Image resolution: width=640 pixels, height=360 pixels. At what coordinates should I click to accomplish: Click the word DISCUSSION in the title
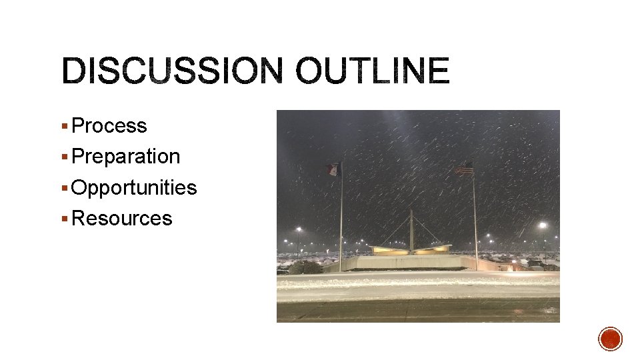(x=171, y=71)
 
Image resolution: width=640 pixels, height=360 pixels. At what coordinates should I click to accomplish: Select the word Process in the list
(x=109, y=125)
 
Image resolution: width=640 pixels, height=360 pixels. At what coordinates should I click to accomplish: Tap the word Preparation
(x=125, y=156)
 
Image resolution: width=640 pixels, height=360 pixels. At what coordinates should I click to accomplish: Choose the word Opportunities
(x=133, y=187)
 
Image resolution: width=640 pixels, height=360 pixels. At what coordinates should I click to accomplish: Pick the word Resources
(x=121, y=218)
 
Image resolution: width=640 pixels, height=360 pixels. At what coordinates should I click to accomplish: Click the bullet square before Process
(x=64, y=126)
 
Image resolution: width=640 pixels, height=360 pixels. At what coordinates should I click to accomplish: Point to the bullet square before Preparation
(x=64, y=157)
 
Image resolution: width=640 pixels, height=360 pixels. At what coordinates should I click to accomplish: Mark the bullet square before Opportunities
(x=64, y=188)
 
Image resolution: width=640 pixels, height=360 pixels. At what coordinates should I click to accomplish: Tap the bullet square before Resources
(x=64, y=219)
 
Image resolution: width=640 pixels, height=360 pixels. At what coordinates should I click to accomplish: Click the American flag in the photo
(x=464, y=169)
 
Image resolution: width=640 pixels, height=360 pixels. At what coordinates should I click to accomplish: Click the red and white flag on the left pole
(x=333, y=169)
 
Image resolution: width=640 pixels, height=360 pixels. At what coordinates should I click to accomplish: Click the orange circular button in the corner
(x=610, y=339)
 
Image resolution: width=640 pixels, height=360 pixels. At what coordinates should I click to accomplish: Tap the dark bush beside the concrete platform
(x=305, y=267)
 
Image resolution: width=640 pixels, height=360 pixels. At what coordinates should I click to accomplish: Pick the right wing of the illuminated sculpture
(x=433, y=249)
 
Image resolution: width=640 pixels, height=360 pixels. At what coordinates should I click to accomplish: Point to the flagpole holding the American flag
(x=475, y=220)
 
